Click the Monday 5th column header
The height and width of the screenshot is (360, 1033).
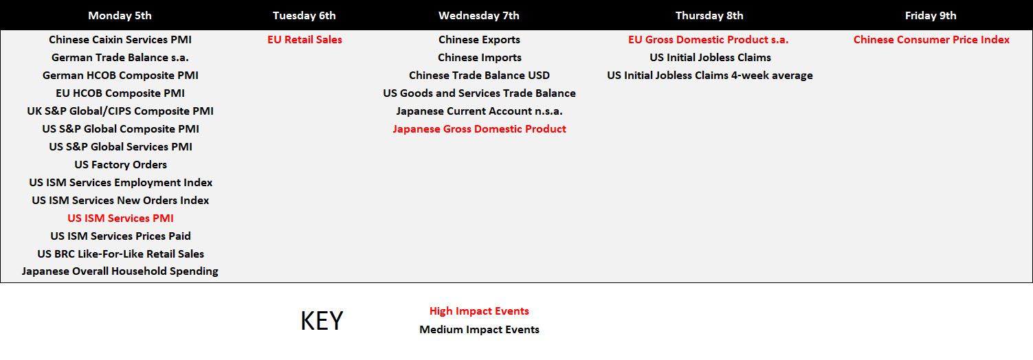click(120, 16)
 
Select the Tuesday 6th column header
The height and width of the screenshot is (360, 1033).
click(304, 16)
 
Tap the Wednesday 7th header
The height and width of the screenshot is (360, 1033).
click(479, 16)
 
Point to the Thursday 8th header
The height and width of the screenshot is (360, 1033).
click(709, 16)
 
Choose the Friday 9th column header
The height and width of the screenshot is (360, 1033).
click(931, 16)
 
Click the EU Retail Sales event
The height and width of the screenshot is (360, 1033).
click(305, 40)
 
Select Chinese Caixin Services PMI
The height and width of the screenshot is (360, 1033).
click(120, 40)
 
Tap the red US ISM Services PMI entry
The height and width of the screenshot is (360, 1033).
click(121, 218)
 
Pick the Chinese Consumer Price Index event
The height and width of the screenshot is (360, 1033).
click(931, 40)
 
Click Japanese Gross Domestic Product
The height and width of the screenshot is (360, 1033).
click(480, 129)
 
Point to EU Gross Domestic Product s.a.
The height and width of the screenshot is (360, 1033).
click(709, 40)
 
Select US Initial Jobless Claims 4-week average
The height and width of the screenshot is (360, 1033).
click(710, 76)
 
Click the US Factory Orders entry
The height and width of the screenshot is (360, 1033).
click(121, 165)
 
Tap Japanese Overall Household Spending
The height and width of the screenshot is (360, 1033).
click(120, 271)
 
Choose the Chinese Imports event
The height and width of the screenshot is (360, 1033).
click(480, 58)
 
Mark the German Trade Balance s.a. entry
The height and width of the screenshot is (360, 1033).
click(120, 58)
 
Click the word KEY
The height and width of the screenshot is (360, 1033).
click(322, 321)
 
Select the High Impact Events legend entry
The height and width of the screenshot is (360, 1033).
click(479, 311)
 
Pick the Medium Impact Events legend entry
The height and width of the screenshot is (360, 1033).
click(479, 330)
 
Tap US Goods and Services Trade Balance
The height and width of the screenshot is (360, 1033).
click(479, 93)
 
